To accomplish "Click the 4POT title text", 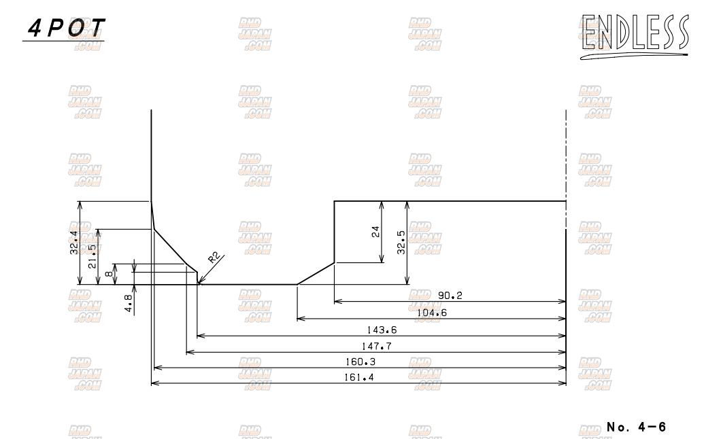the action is [x=66, y=28].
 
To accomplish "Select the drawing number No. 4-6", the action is [x=636, y=427].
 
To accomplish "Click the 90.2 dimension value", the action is [x=450, y=296].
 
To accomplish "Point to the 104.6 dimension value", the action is [x=432, y=313].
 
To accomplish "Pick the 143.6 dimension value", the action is [x=382, y=330].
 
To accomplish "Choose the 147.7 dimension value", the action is [x=376, y=346].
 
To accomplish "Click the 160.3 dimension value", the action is [x=360, y=362].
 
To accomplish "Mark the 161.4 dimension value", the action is [x=358, y=378].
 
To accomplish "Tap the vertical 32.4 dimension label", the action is [x=74, y=243].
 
